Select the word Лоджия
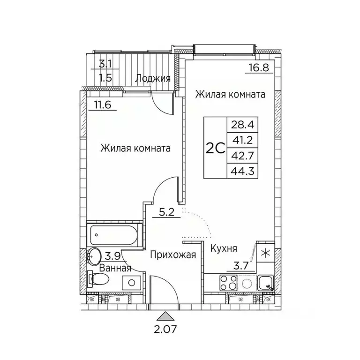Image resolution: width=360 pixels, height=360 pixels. [x=152, y=78]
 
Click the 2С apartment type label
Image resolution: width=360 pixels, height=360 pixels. [x=214, y=147]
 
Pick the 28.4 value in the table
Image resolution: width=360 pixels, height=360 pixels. [x=238, y=125]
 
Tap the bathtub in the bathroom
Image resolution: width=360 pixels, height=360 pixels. [x=115, y=232]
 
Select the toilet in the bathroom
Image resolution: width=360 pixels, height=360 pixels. [x=98, y=280]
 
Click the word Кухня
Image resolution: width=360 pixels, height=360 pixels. [x=223, y=248]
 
